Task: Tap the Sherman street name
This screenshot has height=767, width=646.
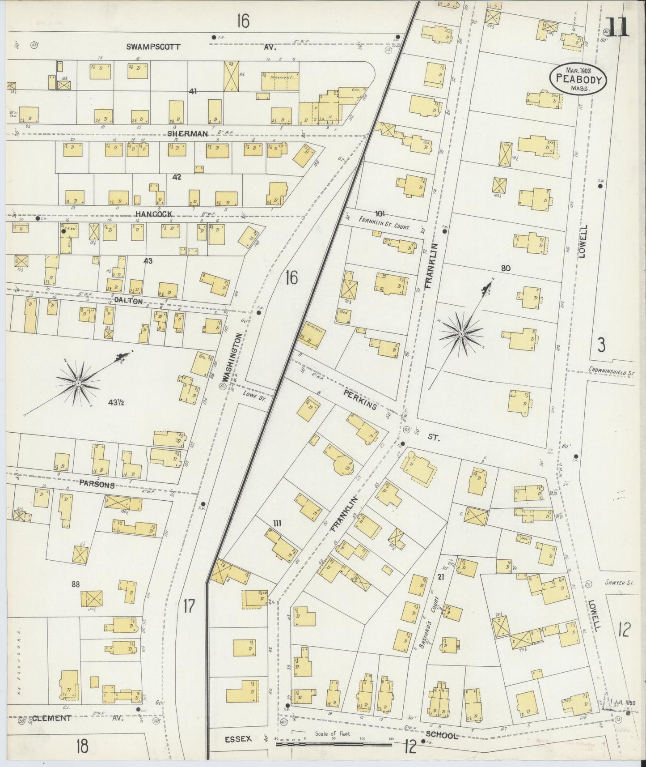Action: point(188,133)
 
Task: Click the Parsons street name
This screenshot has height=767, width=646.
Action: point(97,485)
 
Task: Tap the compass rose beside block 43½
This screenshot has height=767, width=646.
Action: point(78,383)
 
